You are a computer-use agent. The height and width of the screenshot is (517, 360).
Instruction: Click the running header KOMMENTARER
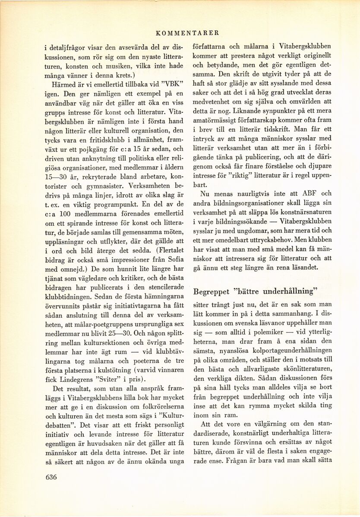click(187, 32)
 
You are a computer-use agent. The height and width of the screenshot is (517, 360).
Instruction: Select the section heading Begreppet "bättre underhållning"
click(255, 291)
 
